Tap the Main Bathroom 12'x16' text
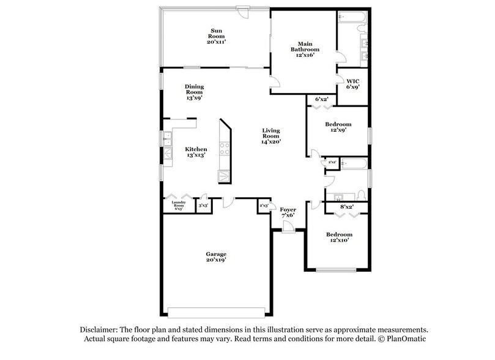tap(305, 49)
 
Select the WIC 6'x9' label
tap(353, 83)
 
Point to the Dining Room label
tap(194, 91)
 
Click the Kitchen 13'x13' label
tap(196, 152)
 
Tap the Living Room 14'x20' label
tap(271, 135)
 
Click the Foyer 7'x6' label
tap(287, 212)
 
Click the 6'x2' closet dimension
tap(321, 99)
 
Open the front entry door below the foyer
tap(287, 227)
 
